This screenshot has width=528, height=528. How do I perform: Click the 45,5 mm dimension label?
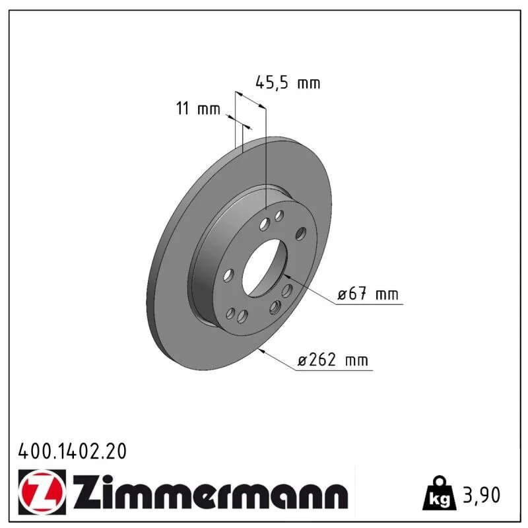288,83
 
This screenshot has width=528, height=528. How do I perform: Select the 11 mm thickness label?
198,108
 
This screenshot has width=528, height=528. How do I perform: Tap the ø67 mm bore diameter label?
368,294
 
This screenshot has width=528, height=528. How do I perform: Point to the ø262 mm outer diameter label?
333,360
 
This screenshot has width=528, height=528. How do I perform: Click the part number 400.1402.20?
73,451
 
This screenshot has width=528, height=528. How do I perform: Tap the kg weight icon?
440,492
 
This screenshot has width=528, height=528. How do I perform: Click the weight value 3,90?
482,495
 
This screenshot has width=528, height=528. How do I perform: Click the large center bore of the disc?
265,268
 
